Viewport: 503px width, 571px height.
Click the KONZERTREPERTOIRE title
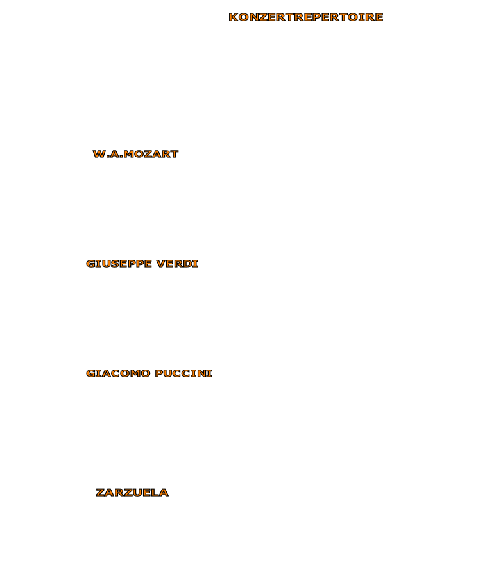tap(306, 17)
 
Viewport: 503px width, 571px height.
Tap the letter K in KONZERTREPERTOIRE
tap(233, 17)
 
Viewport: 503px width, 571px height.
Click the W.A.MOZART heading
tap(135, 154)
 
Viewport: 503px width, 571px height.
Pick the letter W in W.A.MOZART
tap(99, 154)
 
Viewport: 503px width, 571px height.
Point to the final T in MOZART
tap(174, 154)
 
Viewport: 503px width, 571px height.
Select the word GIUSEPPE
tap(119, 264)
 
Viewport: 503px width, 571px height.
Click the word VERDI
tap(177, 264)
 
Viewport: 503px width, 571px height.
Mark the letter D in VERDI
tap(189, 264)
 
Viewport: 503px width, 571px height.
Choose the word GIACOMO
tap(118, 373)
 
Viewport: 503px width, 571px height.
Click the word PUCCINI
tap(183, 373)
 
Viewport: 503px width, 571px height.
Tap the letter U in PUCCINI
tap(168, 373)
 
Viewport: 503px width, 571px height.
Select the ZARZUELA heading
tap(132, 493)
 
